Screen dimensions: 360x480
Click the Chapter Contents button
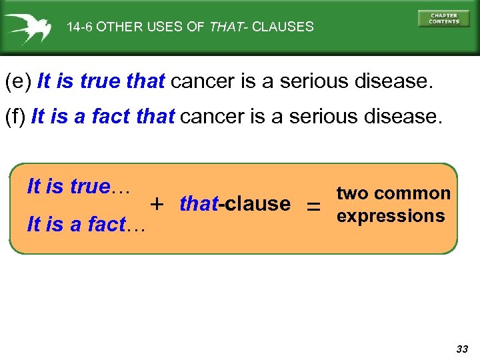point(443,18)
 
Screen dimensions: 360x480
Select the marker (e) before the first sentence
point(18,82)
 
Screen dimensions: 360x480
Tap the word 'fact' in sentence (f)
point(111,117)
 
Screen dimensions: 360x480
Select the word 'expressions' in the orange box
point(391,216)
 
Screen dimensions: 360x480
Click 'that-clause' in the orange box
point(235,203)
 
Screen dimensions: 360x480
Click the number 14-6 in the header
point(80,27)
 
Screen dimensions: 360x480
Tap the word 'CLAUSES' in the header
point(283,27)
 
